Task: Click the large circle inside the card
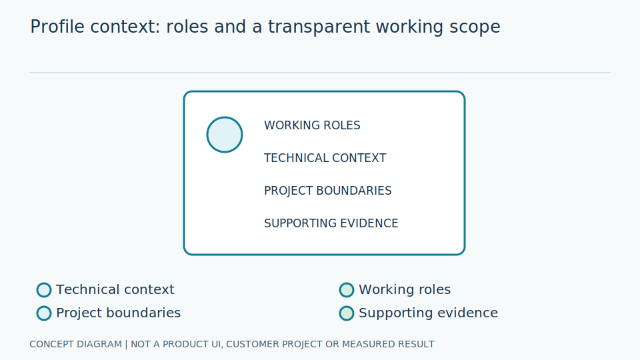point(225,135)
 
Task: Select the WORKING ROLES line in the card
point(312,125)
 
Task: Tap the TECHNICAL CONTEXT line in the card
point(325,158)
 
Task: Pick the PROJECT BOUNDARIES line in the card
point(328,191)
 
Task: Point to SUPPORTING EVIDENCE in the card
point(331,223)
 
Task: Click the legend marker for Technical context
point(44,290)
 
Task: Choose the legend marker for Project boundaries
point(44,313)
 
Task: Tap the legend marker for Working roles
point(347,290)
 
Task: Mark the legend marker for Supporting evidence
point(347,313)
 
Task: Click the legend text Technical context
point(115,289)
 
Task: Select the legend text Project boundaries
point(119,313)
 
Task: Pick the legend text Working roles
point(405,289)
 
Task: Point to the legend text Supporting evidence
point(428,313)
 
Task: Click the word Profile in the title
point(57,27)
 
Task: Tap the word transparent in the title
point(319,27)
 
